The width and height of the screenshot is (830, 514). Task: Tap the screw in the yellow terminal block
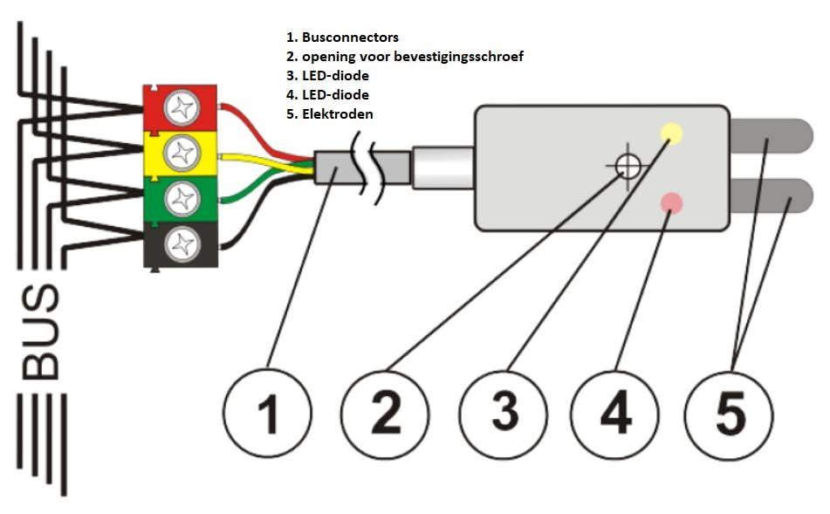click(x=182, y=154)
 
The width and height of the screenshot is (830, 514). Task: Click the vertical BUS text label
click(x=41, y=332)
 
